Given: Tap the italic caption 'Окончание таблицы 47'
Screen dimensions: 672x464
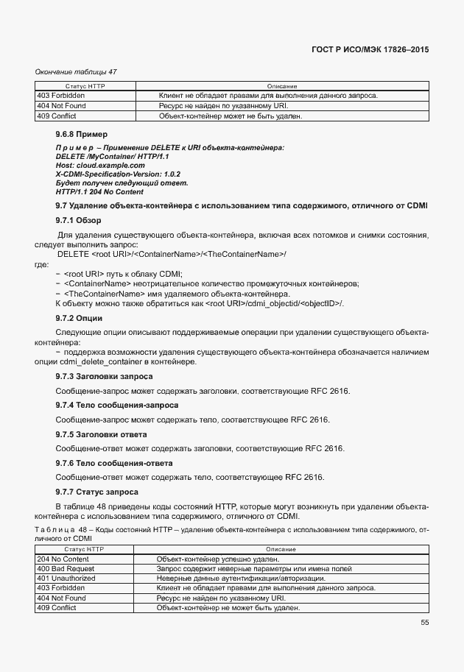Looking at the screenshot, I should [76, 71].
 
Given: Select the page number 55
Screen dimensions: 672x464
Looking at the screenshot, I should [425, 622].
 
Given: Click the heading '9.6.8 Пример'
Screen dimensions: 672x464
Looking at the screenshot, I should [81, 135].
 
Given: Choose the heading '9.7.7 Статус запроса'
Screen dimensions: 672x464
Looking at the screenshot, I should [97, 491].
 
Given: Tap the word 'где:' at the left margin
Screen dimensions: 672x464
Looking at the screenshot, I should [42, 264].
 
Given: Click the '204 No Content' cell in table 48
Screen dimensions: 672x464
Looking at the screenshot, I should [63, 559].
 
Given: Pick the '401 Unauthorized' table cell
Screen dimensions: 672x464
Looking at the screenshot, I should [66, 579].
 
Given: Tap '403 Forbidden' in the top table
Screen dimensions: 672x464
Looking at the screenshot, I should [60, 96].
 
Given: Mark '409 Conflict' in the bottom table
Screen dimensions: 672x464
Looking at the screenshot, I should [58, 608].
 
